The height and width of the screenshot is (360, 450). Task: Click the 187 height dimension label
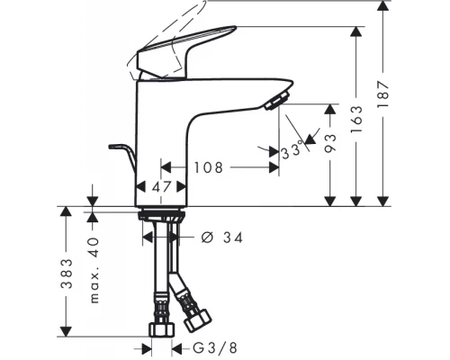point(383,94)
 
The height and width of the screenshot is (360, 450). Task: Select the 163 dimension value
point(356,120)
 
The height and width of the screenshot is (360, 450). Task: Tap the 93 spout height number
point(330,143)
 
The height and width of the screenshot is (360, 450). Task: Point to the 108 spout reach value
point(209,167)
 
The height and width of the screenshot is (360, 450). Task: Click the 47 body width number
point(161,187)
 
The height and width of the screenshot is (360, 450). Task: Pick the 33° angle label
point(292,150)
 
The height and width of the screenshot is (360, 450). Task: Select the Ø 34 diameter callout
point(221,238)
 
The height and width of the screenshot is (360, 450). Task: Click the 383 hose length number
point(67,274)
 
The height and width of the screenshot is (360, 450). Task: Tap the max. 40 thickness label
point(94,270)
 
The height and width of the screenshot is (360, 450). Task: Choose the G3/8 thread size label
point(215,348)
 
